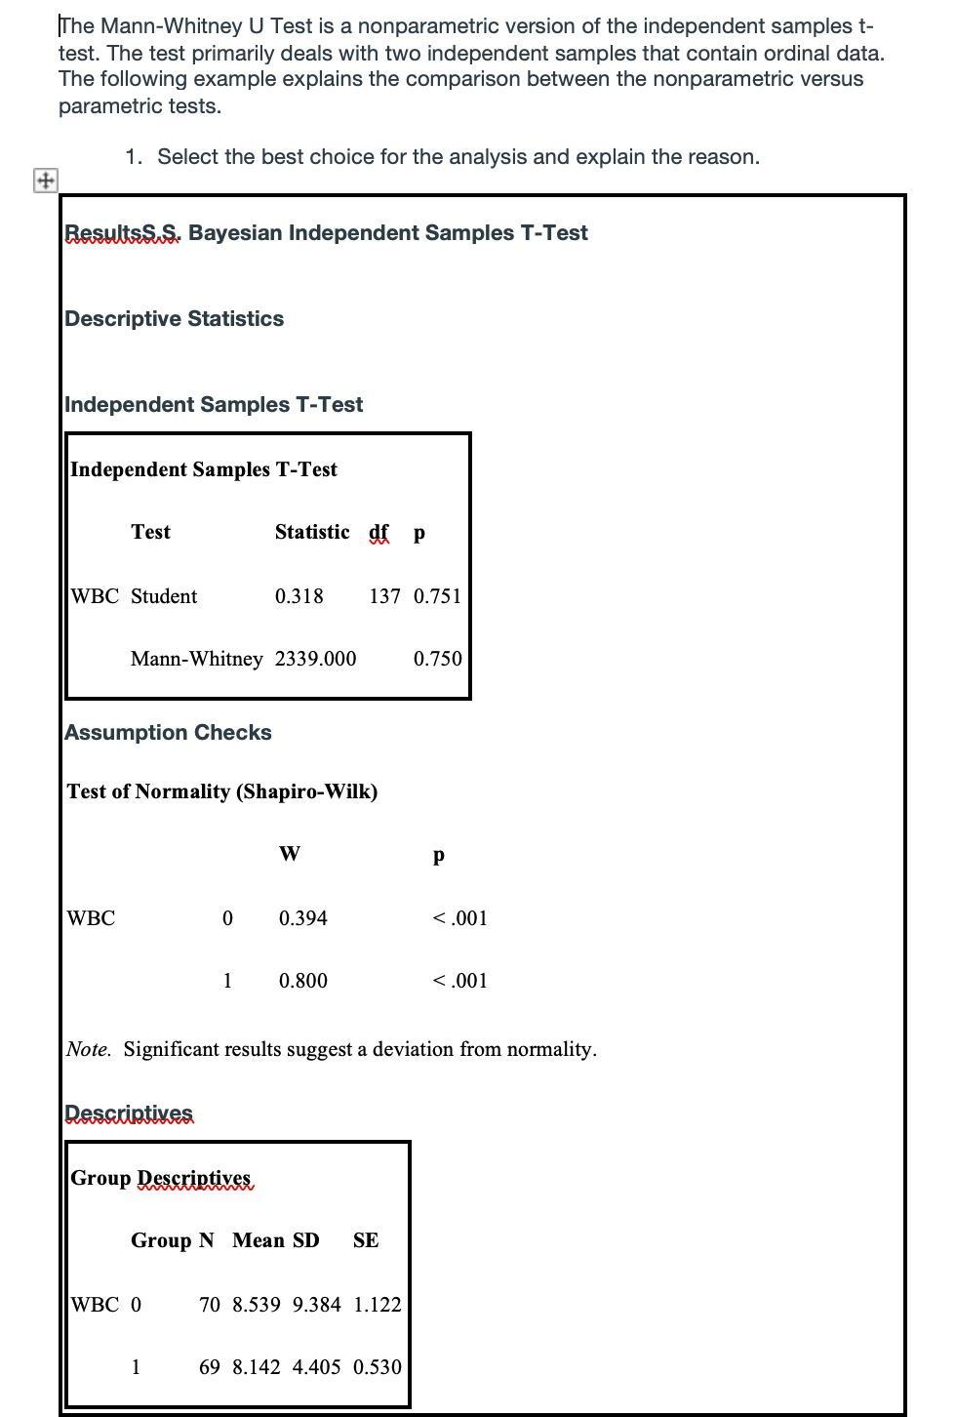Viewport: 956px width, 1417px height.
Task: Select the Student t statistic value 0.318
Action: pos(299,596)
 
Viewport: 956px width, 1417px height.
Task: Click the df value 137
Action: pos(384,596)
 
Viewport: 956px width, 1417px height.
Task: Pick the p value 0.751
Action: pos(437,596)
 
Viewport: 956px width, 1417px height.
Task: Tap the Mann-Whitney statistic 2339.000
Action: pos(315,659)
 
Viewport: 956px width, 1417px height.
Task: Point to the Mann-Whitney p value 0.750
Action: pos(437,659)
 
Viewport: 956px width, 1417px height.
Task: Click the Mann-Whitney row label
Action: pos(196,659)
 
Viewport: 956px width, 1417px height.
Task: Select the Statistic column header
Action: pos(311,532)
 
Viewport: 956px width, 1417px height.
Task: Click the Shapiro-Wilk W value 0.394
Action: pos(302,918)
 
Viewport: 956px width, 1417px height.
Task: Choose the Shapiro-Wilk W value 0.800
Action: pos(302,981)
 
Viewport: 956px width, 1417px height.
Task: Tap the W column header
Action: pos(289,855)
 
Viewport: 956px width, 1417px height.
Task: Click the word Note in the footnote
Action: pos(87,1049)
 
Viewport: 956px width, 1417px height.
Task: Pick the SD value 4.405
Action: pos(316,1367)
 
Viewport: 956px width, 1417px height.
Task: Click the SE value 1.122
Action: pos(377,1305)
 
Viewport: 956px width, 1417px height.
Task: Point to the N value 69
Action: pos(210,1367)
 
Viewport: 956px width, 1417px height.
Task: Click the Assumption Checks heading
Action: pos(168,733)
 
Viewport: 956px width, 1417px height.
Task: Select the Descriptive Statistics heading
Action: pos(174,319)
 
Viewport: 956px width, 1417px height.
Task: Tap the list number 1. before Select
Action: pos(135,157)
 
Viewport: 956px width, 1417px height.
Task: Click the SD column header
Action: pos(305,1240)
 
